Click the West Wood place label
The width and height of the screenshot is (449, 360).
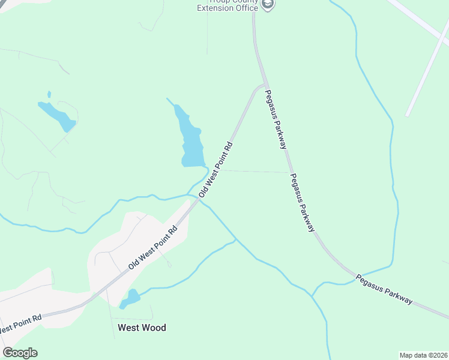142,328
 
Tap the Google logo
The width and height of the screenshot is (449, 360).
20,353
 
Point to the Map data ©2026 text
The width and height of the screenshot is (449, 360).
423,355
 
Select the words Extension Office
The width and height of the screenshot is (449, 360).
228,8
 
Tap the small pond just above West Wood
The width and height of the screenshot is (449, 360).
131,298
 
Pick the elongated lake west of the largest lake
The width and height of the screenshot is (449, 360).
56,115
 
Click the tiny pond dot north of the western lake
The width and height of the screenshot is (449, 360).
49,94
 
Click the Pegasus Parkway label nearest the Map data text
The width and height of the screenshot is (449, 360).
384,290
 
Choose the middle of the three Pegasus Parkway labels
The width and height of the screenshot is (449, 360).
303,202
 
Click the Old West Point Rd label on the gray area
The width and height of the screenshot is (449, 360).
153,248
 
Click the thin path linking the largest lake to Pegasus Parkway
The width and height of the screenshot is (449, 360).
252,171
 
